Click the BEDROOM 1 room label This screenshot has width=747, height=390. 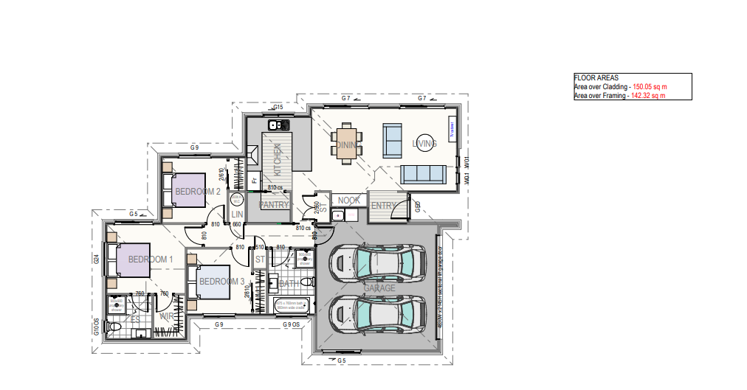(x=150, y=260)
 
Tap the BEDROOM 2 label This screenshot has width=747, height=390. (x=197, y=192)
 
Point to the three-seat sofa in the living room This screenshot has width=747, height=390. (x=423, y=175)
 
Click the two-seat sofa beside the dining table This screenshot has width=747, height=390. (x=391, y=138)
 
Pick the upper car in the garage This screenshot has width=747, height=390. (x=377, y=262)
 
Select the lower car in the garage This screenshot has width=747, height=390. (x=377, y=314)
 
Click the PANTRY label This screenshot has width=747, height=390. (x=274, y=204)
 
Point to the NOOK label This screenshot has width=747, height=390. (x=348, y=200)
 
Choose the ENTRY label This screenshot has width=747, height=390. (x=383, y=206)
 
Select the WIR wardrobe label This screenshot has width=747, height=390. (x=168, y=317)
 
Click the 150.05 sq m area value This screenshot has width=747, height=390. (x=650, y=86)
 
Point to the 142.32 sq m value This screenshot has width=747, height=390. (x=648, y=95)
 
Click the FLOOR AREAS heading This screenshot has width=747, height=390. (x=596, y=77)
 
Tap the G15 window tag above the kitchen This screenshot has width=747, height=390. (x=278, y=108)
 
